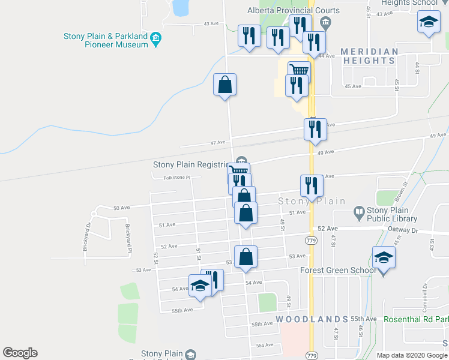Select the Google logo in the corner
coord(20,353)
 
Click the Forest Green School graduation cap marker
coord(384,258)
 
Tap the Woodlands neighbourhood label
coord(312,319)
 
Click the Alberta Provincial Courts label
coord(294,10)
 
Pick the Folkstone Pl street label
coord(176,178)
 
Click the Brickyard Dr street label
coord(88,237)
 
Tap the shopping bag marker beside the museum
coord(224,86)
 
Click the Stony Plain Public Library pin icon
coord(358,211)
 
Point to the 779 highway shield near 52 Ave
coord(311,241)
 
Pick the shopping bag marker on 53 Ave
coord(246,257)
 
